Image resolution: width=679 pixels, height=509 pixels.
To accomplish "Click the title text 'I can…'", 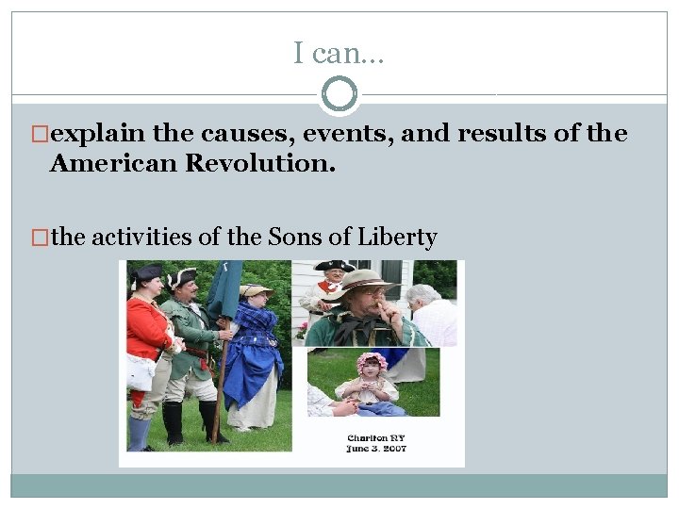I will tap(339, 54).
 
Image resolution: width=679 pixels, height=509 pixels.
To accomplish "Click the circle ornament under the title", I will tap(339, 94).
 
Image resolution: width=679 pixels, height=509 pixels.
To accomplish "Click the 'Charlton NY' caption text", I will tap(375, 438).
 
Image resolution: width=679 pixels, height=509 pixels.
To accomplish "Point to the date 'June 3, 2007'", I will tap(375, 451).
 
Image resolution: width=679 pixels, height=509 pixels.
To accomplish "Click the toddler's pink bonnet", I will tap(372, 361).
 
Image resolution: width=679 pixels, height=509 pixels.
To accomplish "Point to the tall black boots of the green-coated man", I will tap(174, 422).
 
